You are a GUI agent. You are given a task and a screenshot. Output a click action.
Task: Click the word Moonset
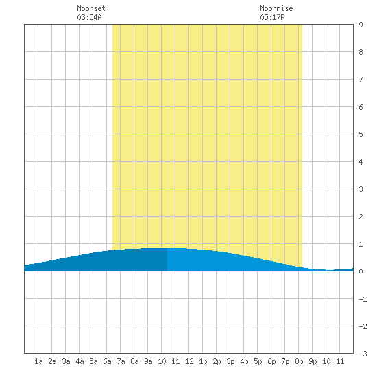coord(91,8)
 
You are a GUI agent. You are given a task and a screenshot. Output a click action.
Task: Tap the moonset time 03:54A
coord(89,17)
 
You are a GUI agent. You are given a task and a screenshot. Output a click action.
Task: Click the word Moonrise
coord(276,8)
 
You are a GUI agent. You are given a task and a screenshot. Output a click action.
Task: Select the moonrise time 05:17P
coord(272,17)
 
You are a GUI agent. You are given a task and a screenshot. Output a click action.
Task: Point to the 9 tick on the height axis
coord(361,25)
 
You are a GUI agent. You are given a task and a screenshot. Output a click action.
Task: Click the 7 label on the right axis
coord(361,80)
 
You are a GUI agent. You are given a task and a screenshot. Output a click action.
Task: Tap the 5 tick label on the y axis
coord(361,134)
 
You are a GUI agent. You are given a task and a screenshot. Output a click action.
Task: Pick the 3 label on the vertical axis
coord(361,189)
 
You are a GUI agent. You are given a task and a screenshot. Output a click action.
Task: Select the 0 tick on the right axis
coord(361,271)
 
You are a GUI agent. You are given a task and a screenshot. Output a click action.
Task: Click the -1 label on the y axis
coord(363,299)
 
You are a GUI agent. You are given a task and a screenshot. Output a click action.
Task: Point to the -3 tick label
coord(363,354)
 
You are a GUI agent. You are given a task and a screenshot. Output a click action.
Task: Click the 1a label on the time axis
coord(38,361)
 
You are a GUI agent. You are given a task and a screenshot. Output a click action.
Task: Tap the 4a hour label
coord(80,361)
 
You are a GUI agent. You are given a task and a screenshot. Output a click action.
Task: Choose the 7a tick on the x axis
coord(121,361)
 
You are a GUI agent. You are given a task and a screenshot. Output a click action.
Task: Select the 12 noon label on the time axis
coord(189,361)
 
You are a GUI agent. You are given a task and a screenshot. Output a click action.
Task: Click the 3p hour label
coord(230,361)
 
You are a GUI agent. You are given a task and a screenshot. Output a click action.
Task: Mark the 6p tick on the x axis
coord(271,361)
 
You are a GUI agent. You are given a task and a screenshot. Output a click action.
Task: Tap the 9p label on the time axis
coord(313,361)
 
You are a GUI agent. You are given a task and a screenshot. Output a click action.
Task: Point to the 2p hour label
coord(217,361)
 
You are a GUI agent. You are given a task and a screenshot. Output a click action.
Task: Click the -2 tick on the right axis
coord(363,326)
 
